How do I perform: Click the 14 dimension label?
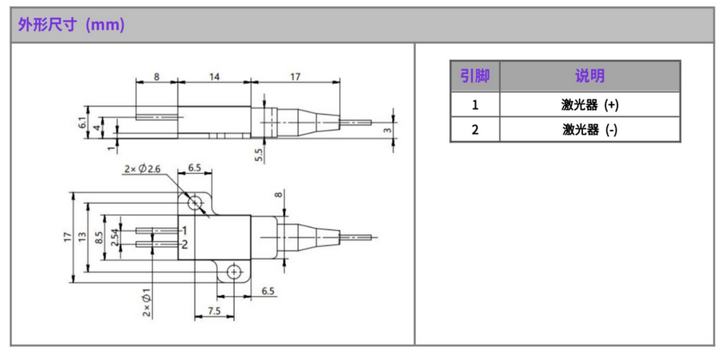[x=214, y=76]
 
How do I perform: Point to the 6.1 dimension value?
[x=81, y=123]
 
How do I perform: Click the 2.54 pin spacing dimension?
[x=115, y=237]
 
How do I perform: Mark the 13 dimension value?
[x=84, y=237]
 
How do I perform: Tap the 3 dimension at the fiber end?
[x=388, y=130]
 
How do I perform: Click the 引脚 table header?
[x=475, y=76]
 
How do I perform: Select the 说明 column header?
[x=589, y=76]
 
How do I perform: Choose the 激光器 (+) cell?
[x=589, y=104]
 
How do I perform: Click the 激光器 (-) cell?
[x=589, y=129]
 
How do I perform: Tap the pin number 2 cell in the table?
[x=475, y=129]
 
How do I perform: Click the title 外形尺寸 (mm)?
[x=72, y=25]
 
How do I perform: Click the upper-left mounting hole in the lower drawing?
[x=195, y=200]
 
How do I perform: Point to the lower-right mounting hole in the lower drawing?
[x=233, y=272]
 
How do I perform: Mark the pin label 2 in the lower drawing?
[x=184, y=244]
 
